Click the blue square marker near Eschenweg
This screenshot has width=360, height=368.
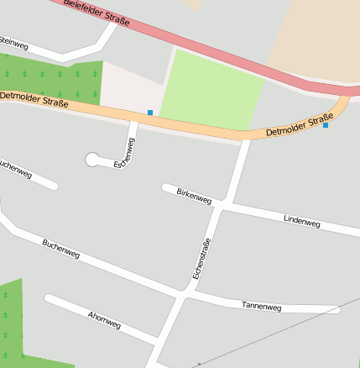[x=150, y=112]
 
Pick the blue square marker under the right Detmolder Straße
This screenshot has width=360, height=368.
[x=326, y=125]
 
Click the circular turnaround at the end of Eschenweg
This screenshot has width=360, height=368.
[x=91, y=160]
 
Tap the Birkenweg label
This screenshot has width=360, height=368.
[x=194, y=196]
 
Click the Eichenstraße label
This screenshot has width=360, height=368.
[x=201, y=258]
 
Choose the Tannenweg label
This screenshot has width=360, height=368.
[x=261, y=306]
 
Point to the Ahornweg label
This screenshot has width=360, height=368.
[x=104, y=320]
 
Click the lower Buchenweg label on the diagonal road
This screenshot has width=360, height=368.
[x=61, y=249]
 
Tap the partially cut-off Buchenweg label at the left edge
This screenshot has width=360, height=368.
[x=15, y=169]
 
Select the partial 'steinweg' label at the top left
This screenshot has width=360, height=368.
[x=15, y=39]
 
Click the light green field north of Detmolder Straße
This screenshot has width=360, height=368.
[x=211, y=91]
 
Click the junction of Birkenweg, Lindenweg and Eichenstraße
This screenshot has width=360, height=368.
[x=225, y=205]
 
